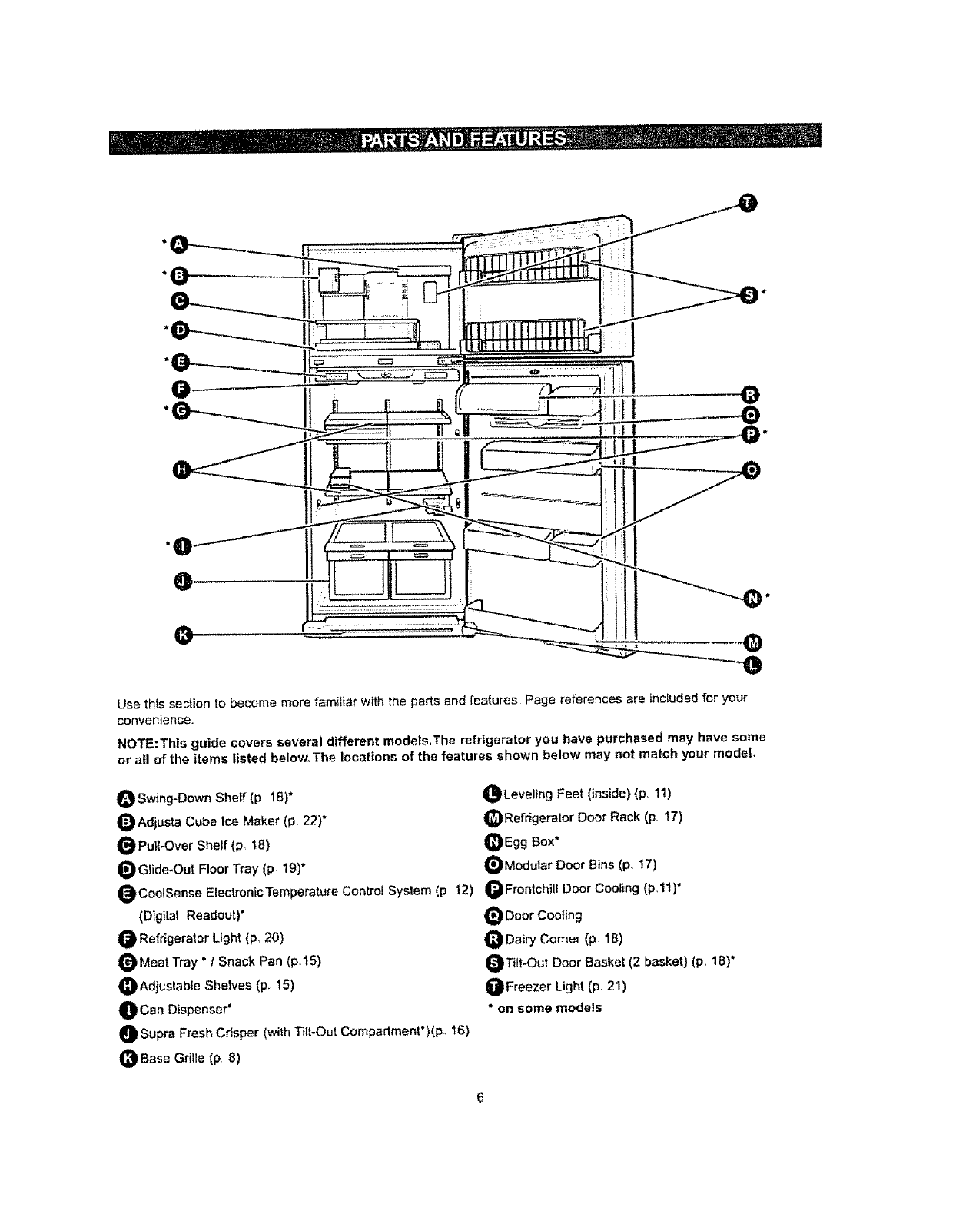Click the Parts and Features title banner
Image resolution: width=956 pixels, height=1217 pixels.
[x=464, y=139]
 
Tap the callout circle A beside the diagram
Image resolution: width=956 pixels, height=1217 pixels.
[x=178, y=244]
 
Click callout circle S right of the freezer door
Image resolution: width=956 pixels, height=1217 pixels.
[x=747, y=293]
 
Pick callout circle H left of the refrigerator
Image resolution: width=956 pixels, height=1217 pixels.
[x=182, y=469]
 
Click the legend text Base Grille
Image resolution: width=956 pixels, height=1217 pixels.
[x=189, y=1058]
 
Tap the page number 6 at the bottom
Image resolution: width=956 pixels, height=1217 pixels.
[x=479, y=1098]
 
